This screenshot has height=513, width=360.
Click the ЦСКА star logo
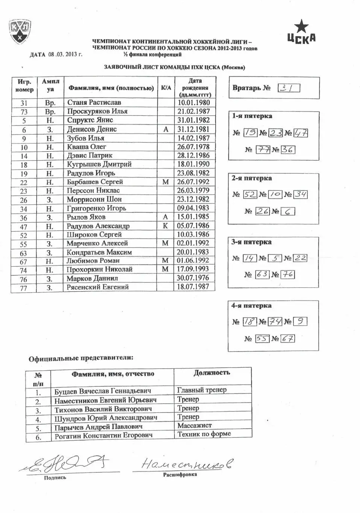(x=301, y=33)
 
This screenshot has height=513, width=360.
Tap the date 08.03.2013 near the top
(x=62, y=54)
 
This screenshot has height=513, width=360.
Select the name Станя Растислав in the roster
(x=94, y=103)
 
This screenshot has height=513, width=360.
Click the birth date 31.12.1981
(x=194, y=129)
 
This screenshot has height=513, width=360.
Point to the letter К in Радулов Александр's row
(x=165, y=226)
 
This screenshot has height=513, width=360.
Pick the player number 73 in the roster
(x=24, y=112)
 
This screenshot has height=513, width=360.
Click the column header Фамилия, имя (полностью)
(x=111, y=88)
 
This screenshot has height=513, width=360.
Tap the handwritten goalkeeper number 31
(x=289, y=88)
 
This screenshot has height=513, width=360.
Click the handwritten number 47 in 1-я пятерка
(x=300, y=133)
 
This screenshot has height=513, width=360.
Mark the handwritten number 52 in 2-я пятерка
(x=250, y=194)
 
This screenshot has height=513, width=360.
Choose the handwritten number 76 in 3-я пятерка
(x=287, y=275)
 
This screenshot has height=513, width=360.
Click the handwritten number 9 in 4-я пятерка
(x=300, y=321)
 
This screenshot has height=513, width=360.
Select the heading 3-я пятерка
(x=251, y=242)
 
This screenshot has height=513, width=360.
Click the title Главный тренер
(x=201, y=390)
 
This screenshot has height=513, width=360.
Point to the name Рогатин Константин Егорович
(x=103, y=436)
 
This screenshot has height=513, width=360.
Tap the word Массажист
(x=194, y=425)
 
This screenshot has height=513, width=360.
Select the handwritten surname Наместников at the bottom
(x=187, y=465)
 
